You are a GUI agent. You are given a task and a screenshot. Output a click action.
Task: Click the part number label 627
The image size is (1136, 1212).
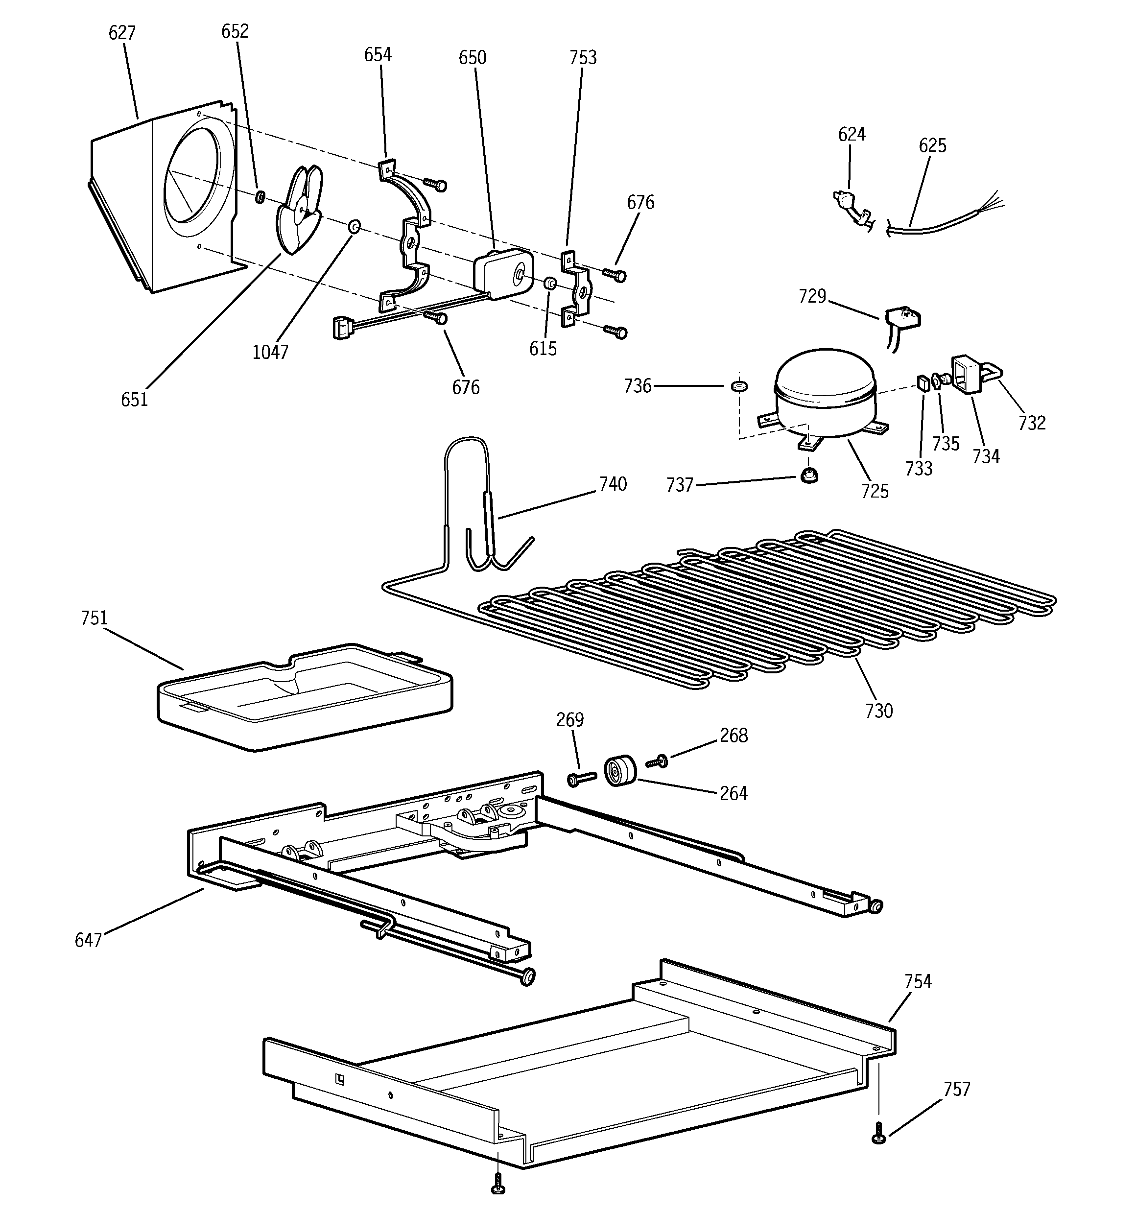[121, 33]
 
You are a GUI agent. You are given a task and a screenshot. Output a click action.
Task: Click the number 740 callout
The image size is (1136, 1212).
[612, 484]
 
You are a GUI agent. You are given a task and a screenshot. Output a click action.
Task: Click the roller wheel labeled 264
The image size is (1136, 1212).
[619, 771]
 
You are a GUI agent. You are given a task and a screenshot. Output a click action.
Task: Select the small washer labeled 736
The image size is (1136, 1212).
[739, 386]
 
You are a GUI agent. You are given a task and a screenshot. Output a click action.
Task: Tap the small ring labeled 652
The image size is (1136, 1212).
[259, 196]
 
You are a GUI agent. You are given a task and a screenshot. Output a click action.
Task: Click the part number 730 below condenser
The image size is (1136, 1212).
[878, 710]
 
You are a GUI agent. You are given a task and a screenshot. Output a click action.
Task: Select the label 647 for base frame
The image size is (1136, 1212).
[89, 940]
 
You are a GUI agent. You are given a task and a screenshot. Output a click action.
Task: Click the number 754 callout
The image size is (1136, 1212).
[918, 981]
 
